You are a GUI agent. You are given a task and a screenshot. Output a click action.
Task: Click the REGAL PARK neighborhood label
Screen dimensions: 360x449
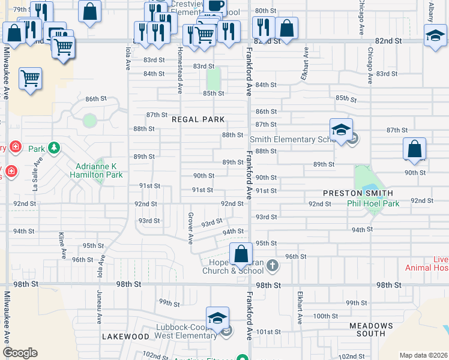pyautogui.click(x=198, y=119)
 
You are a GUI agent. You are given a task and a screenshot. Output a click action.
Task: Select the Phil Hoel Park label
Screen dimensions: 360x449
pyautogui.click(x=373, y=203)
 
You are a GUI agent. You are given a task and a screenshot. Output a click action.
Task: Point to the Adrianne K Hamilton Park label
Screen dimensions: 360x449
pyautogui.click(x=99, y=170)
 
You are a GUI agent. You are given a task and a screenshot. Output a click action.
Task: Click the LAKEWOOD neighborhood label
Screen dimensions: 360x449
pyautogui.click(x=125, y=337)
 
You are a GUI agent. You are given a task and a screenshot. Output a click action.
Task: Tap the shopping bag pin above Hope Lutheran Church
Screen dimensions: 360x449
pyautogui.click(x=241, y=254)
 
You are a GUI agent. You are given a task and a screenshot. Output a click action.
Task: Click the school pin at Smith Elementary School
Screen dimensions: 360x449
pyautogui.click(x=340, y=130)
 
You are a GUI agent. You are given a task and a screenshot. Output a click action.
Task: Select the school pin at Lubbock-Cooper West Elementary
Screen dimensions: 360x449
pyautogui.click(x=217, y=317)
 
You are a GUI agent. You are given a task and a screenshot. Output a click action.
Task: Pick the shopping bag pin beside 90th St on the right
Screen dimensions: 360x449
pyautogui.click(x=414, y=148)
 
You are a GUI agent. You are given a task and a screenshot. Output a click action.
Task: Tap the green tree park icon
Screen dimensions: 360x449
pyautogui.click(x=54, y=147)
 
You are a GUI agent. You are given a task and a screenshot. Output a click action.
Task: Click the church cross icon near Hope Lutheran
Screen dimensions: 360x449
pyautogui.click(x=273, y=265)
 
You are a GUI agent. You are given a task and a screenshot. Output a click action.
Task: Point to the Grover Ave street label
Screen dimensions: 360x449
pyautogui.click(x=190, y=229)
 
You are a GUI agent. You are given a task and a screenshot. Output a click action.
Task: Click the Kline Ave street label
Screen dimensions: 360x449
pyautogui.click(x=62, y=245)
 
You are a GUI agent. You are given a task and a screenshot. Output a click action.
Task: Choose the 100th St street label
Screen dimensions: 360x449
pyautogui.click(x=326, y=316)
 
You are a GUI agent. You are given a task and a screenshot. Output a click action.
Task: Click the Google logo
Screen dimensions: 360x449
pyautogui.click(x=20, y=353)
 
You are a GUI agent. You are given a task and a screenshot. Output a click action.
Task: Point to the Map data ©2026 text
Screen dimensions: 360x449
pyautogui.click(x=423, y=355)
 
